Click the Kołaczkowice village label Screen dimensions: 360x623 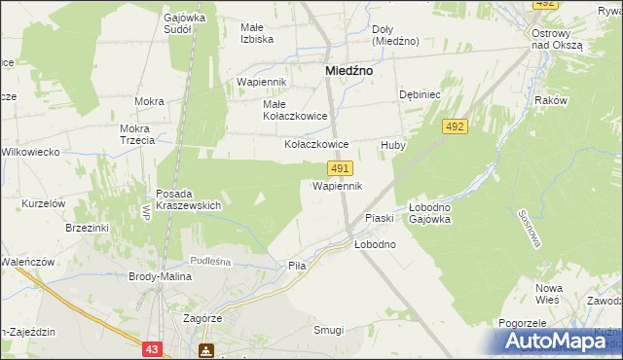[315, 144]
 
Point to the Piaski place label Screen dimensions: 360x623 [378, 217]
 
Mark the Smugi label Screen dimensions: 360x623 [328, 330]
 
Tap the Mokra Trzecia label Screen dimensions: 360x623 [137, 134]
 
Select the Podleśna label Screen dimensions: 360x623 [209, 260]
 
